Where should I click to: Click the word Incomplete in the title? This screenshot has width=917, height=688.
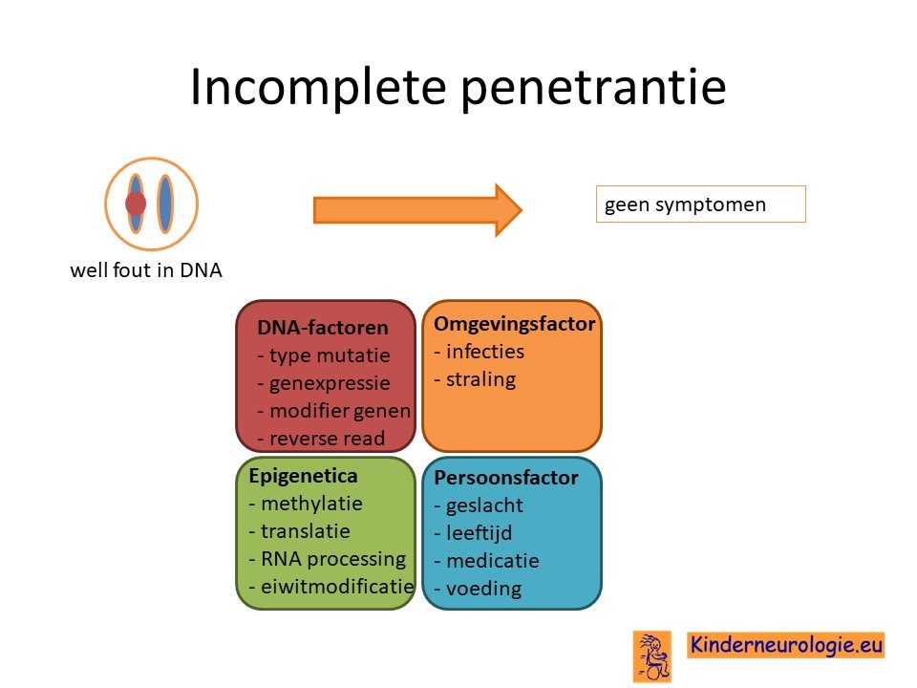pos(319,87)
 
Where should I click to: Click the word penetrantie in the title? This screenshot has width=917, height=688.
pos(593,87)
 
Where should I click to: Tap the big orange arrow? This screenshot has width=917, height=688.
pos(417,210)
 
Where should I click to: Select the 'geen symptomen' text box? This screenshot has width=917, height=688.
pos(700,204)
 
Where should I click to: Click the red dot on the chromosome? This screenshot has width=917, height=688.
pos(136,204)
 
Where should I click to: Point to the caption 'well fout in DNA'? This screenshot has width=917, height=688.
pos(146,270)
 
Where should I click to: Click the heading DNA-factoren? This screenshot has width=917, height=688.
pos(323,328)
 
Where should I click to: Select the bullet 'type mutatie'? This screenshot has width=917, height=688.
pos(324,355)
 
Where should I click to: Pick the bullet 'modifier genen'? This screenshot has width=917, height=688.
pos(334,411)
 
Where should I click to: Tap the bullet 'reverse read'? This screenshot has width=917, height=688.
pos(321,439)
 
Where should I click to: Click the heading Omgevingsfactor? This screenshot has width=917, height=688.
pos(515,324)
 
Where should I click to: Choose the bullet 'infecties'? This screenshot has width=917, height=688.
pos(480,352)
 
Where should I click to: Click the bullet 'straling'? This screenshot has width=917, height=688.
pos(476,379)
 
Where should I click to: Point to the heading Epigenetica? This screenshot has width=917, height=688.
pos(303,476)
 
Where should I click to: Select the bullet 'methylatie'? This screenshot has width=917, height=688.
pos(306,504)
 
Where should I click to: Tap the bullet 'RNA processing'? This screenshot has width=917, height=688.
pos(328,559)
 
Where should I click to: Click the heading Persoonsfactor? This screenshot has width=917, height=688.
pos(506,478)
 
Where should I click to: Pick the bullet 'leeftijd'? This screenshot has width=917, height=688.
pos(474,533)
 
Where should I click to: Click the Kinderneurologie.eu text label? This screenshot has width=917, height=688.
pos(785,645)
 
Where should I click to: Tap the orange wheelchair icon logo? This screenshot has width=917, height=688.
pos(652,656)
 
